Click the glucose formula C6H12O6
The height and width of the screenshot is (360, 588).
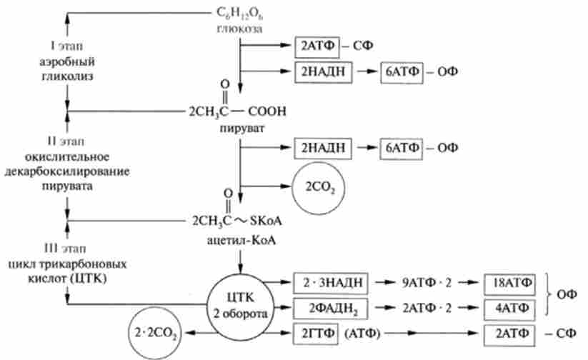[x=239, y=14]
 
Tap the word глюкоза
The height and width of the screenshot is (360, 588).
[x=240, y=29]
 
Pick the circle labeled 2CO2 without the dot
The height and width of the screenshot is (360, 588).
[x=317, y=188]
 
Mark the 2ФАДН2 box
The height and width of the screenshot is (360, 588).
[x=330, y=308]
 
